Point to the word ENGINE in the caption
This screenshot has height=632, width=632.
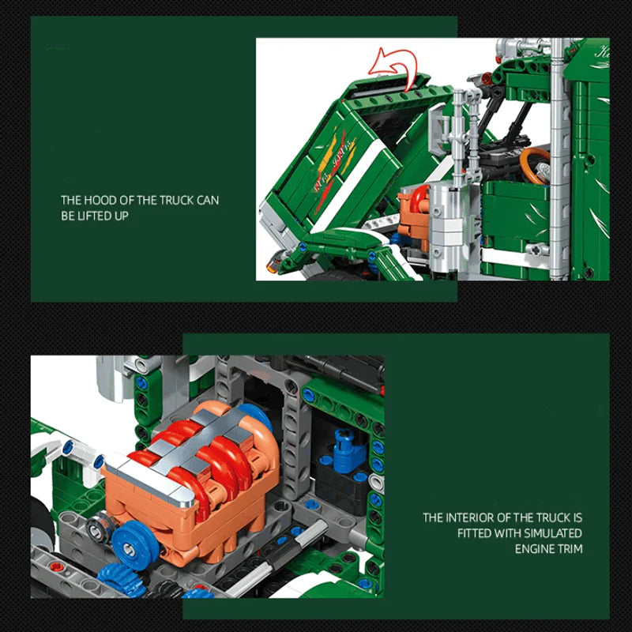tap(540, 548)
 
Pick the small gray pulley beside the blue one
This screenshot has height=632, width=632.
tap(98, 526)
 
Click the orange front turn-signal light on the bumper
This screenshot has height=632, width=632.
tap(273, 259)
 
